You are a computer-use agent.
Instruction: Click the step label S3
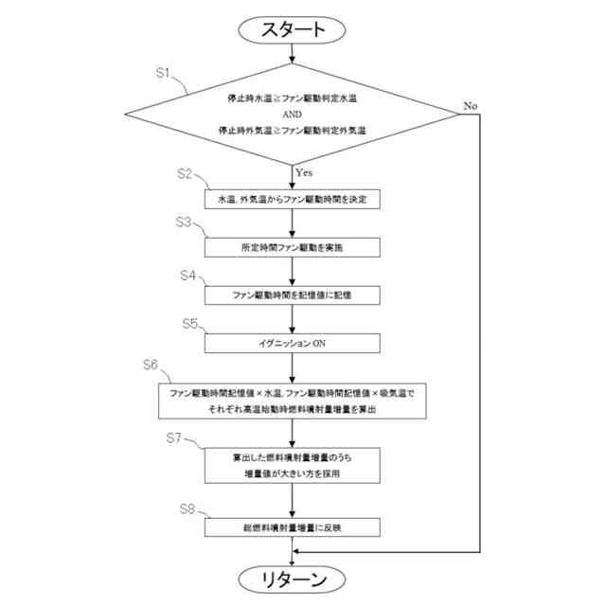[186, 223]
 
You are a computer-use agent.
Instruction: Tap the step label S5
[190, 323]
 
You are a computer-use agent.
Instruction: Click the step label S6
[151, 365]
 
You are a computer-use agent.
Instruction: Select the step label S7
[173, 437]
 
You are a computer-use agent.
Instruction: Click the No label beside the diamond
[470, 105]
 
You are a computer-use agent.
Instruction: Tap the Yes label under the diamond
[304, 172]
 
